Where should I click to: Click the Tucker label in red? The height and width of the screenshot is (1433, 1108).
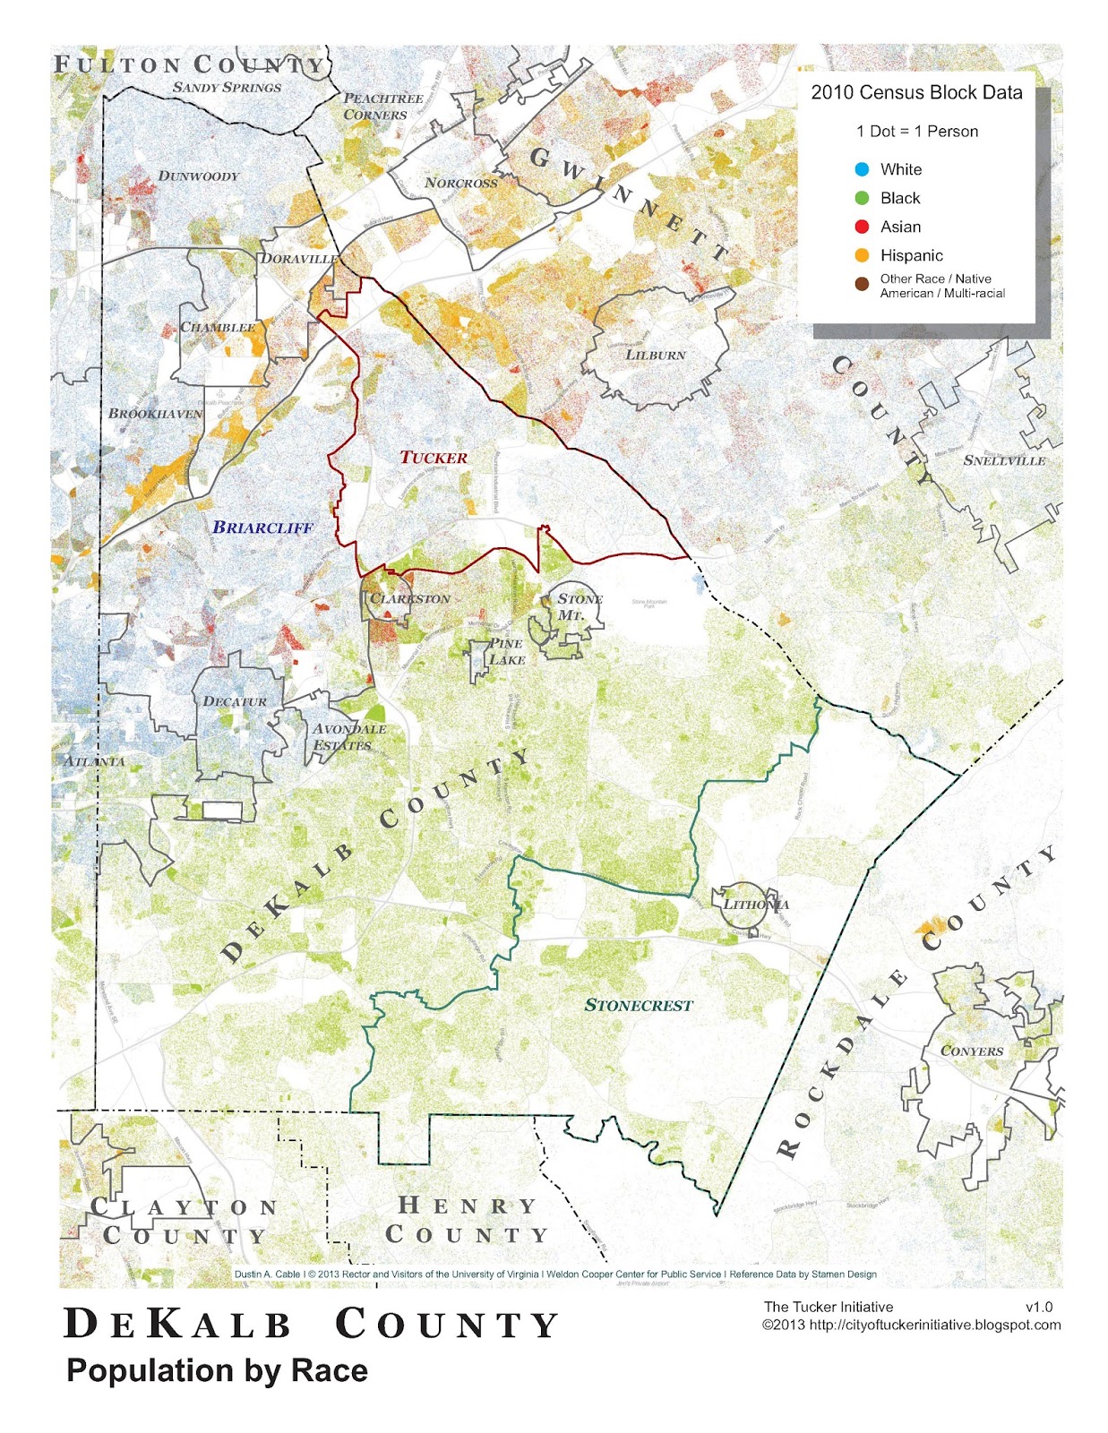(434, 458)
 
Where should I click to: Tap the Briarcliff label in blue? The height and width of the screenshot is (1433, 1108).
(262, 528)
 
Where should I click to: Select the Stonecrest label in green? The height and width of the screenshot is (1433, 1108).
(639, 1006)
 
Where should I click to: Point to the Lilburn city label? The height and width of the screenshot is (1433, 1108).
(655, 355)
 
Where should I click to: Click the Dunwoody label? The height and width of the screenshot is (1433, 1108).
(199, 176)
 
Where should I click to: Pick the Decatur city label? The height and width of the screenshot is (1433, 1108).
(235, 701)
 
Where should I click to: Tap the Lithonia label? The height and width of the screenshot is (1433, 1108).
(756, 904)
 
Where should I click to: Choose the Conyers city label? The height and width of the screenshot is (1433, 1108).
(972, 1051)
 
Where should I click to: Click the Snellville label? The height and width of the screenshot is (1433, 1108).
(1004, 460)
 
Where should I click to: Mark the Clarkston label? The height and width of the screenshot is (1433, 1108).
(410, 598)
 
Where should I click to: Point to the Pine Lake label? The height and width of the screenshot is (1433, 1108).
(506, 651)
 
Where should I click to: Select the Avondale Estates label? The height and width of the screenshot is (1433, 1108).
(348, 736)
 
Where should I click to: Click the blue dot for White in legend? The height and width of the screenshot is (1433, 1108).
(862, 169)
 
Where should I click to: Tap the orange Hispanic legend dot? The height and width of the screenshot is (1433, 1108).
(862, 255)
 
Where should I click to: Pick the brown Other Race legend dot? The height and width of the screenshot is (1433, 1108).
(862, 285)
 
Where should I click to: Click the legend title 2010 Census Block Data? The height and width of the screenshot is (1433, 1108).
(916, 92)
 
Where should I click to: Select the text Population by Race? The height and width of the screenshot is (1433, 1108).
(217, 1371)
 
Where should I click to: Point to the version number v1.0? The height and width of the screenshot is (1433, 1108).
(1038, 1307)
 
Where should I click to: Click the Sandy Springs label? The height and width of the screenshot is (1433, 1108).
(227, 88)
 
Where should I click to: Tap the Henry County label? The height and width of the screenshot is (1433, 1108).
(467, 1220)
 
